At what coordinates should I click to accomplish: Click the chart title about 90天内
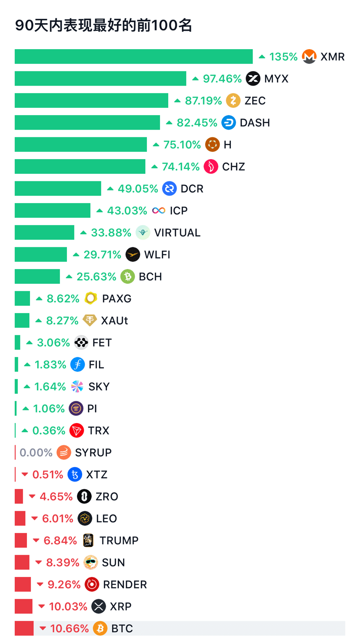pos(103,25)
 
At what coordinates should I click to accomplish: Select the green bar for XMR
pos(134,57)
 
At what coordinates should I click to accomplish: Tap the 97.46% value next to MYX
pos(222,79)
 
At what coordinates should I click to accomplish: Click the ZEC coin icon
pos(233,100)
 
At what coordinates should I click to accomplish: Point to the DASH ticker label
pos(255,123)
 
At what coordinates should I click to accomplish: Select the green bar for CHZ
pos(80,167)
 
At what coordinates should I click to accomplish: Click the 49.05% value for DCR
pos(138,189)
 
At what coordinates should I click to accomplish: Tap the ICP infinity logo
pos(159,210)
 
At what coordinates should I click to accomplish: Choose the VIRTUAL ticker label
pos(177,233)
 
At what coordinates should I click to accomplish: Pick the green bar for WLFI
pos(41,255)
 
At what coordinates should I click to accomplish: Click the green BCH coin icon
pos(127,277)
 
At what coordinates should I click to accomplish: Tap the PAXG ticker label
pos(117,299)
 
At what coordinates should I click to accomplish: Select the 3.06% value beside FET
pos(53,343)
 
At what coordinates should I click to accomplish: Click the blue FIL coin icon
pos(77,365)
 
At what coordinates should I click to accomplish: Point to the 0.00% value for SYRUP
pos(36,453)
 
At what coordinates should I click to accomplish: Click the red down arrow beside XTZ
pos(25,475)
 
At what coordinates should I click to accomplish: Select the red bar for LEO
pos(20,519)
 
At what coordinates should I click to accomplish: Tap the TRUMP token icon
pos(88,540)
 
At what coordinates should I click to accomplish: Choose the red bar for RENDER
pos(23,584)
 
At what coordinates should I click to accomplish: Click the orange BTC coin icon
pos(100,628)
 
